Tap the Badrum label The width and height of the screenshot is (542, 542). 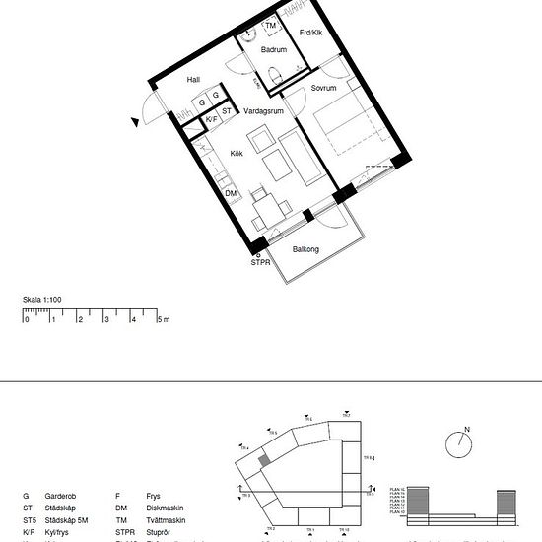pyautogui.click(x=273, y=49)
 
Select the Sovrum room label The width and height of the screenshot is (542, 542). pyautogui.click(x=324, y=89)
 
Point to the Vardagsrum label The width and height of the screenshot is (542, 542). pyautogui.click(x=264, y=111)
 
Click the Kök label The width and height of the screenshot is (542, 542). pyautogui.click(x=237, y=153)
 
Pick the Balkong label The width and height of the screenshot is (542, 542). pyautogui.click(x=305, y=250)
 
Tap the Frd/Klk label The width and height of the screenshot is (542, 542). pyautogui.click(x=309, y=34)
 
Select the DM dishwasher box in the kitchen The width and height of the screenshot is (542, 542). pyautogui.click(x=231, y=192)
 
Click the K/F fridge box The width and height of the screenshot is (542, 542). pyautogui.click(x=210, y=119)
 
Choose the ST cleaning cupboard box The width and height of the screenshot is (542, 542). pyautogui.click(x=227, y=111)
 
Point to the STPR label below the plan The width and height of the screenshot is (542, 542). pyautogui.click(x=260, y=263)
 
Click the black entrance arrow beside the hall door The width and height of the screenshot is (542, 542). pyautogui.click(x=135, y=121)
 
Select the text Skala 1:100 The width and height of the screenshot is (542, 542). pyautogui.click(x=42, y=299)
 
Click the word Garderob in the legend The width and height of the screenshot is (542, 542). pyautogui.click(x=61, y=497)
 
